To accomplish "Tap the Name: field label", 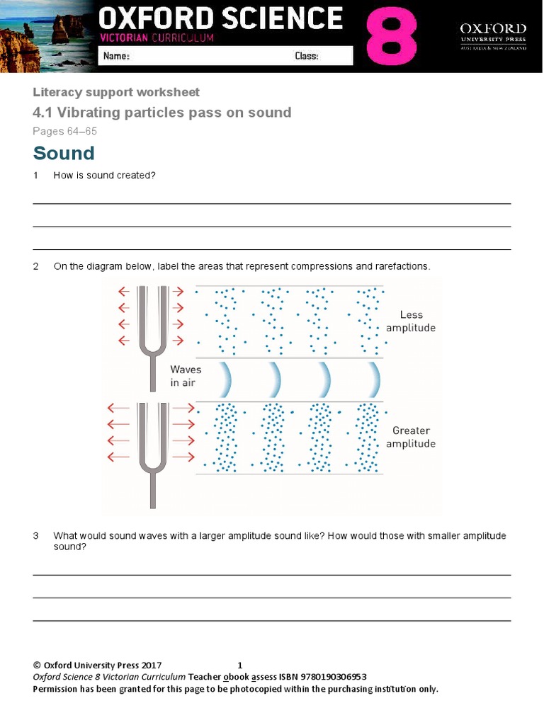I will coord(116,56).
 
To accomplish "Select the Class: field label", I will coord(306,56).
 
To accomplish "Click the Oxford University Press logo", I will coord(493,36).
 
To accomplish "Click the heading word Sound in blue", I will coord(64,153).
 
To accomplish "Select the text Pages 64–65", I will coord(64,131).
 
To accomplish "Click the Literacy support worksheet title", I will coord(116,92).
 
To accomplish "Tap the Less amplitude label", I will coord(411,321).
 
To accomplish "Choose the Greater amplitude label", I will coord(411,437).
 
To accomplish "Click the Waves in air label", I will coord(186,376).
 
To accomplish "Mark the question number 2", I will coord(36,266).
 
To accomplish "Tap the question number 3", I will coord(36,536).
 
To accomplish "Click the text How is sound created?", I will coord(104,175).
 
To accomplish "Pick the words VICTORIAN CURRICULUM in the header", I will coord(157,38).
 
